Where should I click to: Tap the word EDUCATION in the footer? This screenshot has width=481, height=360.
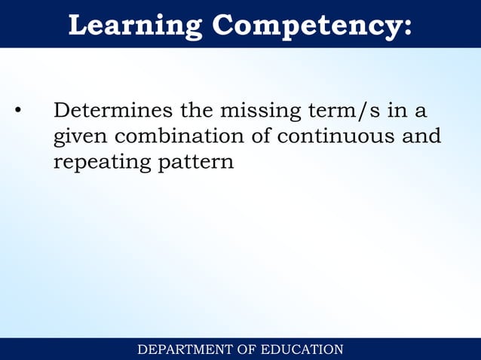302,349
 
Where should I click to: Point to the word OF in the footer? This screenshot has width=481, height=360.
247,349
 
